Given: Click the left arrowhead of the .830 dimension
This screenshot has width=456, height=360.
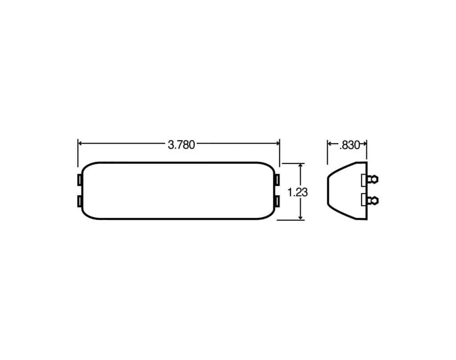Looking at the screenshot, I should pyautogui.click(x=330, y=143).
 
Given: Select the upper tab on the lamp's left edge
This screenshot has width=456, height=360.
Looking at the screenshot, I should pyautogui.click(x=79, y=180).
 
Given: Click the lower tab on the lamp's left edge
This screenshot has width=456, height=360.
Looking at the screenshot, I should pyautogui.click(x=79, y=201).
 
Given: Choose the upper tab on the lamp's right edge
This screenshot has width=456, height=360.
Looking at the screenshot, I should pyautogui.click(x=277, y=180).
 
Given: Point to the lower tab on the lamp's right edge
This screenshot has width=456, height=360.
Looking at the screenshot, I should pyautogui.click(x=277, y=201).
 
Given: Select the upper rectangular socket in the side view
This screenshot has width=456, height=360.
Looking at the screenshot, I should pyautogui.click(x=364, y=180).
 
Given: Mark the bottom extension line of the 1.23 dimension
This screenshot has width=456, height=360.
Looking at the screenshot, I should pyautogui.click(x=292, y=219).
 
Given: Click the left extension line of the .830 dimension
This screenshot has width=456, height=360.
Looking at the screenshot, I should pyautogui.click(x=328, y=151).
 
